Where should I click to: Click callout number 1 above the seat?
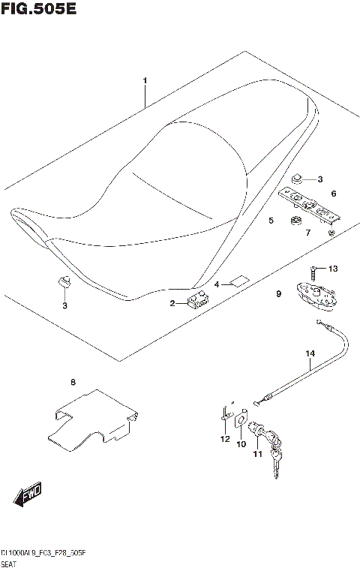point(145,81)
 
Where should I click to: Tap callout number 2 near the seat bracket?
point(172,303)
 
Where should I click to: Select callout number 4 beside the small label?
point(217,285)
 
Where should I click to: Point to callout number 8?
point(73,383)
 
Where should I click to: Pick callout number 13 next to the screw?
point(333,269)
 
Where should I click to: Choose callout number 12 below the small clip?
point(223,439)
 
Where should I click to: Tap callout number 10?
point(241,444)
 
